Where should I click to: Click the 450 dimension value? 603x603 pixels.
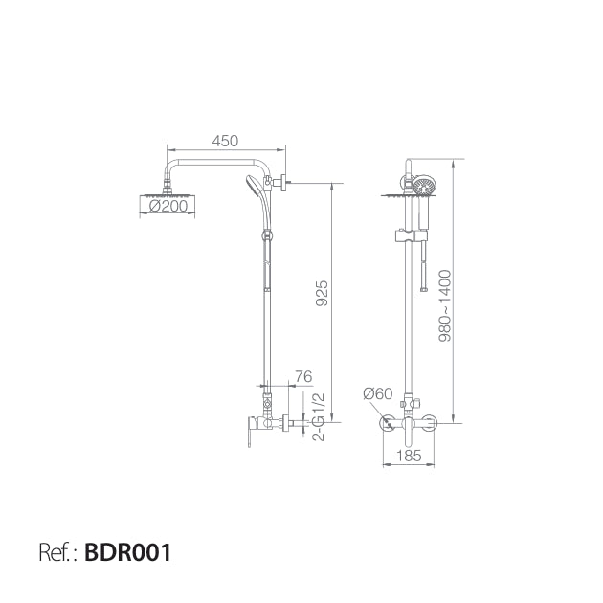[x=225, y=141]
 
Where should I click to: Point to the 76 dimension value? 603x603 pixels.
[x=302, y=377]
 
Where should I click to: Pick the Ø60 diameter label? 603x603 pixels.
[x=379, y=392]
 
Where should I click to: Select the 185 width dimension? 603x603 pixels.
[x=409, y=456]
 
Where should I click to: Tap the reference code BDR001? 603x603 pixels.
[x=128, y=552]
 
